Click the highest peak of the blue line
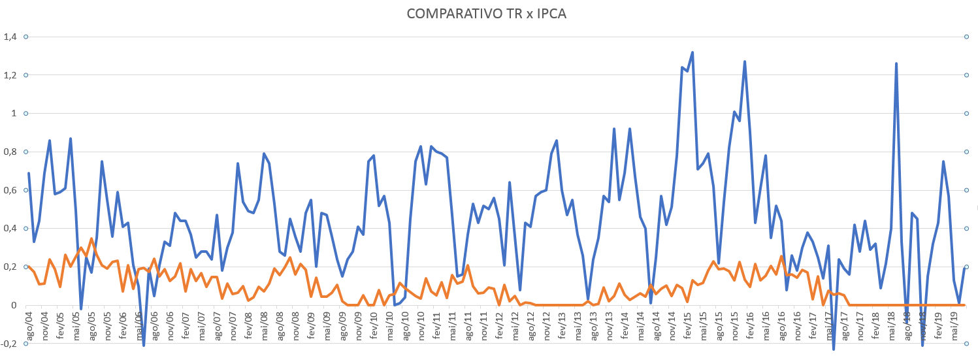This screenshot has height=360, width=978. [x=693, y=52]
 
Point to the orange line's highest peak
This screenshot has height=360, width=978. [x=91, y=239]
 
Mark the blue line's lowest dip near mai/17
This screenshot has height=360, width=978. [x=834, y=349]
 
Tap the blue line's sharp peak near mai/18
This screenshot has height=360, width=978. [x=896, y=63]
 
